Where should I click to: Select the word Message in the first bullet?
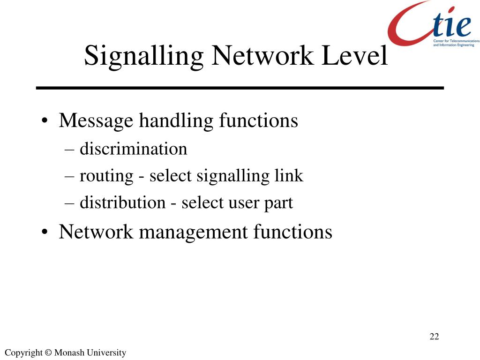(x=96, y=120)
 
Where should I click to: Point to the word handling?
(x=176, y=120)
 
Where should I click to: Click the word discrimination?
(x=133, y=149)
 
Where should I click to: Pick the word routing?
(x=106, y=176)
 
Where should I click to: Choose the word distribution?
(x=122, y=202)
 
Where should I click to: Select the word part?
(x=278, y=203)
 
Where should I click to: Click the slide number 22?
(x=434, y=337)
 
